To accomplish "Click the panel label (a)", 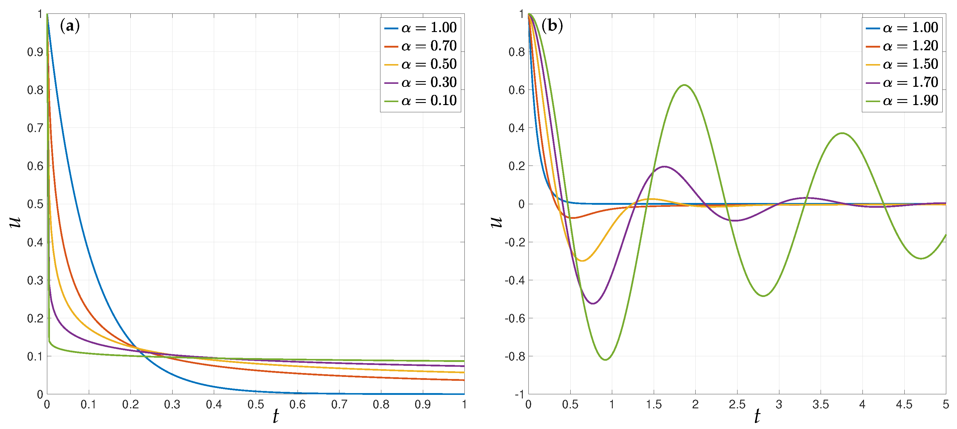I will [x=69, y=26].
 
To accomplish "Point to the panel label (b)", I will [x=552, y=26].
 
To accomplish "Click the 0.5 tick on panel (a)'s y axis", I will [x=35, y=204].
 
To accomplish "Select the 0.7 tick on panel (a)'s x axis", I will [x=339, y=404].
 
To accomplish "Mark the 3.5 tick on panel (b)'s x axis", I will [x=820, y=404].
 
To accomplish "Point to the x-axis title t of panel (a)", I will [x=275, y=416].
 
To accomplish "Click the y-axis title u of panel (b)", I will [x=496, y=222].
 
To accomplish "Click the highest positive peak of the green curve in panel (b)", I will [x=684, y=85].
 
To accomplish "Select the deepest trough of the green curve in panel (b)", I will [x=606, y=360].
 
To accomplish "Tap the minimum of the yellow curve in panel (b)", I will [x=582, y=260].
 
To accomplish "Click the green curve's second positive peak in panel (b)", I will [x=842, y=133].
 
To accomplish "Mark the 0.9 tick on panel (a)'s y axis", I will [x=35, y=52].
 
